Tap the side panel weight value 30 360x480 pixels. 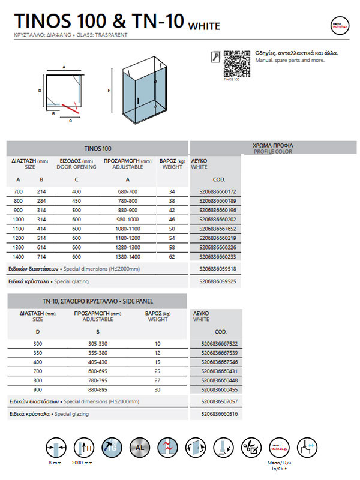(x=158, y=390)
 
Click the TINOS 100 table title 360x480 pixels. (x=98, y=148)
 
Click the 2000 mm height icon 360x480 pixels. (x=83, y=448)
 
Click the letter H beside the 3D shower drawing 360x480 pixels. (x=109, y=91)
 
